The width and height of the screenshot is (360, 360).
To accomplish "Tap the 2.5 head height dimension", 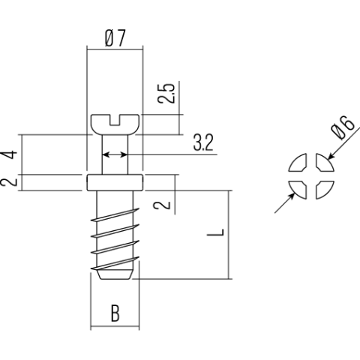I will pos(169,93).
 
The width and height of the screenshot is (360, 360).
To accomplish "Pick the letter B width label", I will pos(115,313).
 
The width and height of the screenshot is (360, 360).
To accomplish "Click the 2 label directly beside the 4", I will pos(9,181).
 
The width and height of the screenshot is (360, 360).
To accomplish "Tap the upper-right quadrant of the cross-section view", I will pos(322,164).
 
